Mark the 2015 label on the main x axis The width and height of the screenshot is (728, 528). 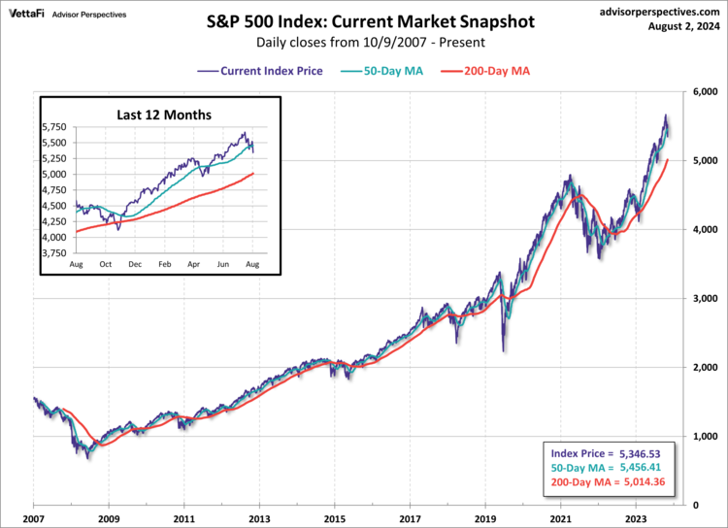[x=335, y=520]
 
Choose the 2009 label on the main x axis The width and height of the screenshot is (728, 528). [x=109, y=520]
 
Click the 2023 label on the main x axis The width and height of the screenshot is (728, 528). [x=637, y=520]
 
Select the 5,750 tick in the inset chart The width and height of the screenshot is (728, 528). [x=55, y=127]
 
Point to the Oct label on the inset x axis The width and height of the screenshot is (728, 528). [x=105, y=264]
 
